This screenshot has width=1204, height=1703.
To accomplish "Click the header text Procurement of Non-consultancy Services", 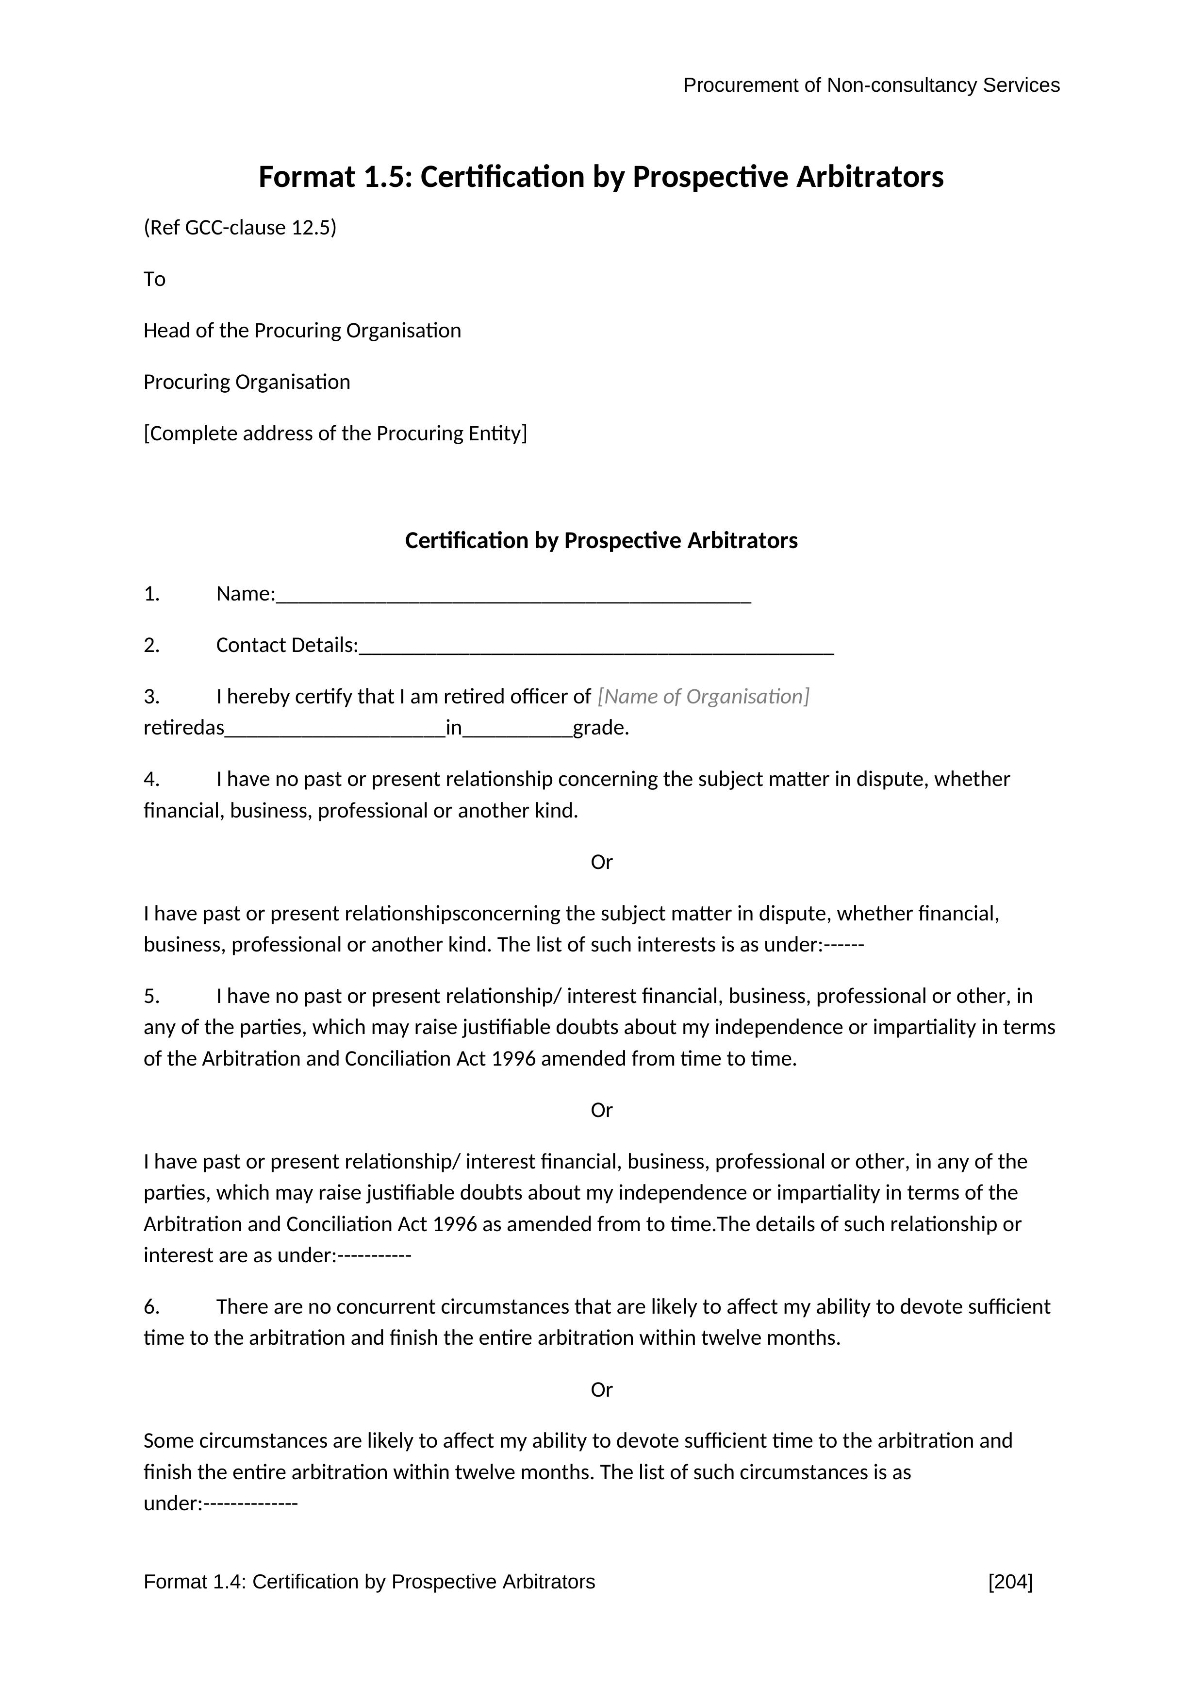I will click(x=871, y=85).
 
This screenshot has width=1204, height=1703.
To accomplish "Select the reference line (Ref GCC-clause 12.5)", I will click(x=239, y=228).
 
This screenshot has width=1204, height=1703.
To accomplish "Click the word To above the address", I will click(x=154, y=280).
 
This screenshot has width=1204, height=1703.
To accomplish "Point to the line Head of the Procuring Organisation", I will click(x=302, y=331).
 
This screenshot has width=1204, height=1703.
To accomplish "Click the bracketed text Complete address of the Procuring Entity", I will click(x=335, y=433).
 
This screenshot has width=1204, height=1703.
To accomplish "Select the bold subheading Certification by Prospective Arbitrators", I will click(x=601, y=541).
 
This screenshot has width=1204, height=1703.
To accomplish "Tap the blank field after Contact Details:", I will click(x=596, y=647).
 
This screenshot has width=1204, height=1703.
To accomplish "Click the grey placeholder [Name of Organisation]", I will click(x=703, y=697).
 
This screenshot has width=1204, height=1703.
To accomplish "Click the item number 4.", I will click(x=151, y=780).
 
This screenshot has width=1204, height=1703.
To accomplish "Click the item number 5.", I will click(x=151, y=996).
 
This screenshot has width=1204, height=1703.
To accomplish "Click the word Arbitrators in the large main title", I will click(x=870, y=177).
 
